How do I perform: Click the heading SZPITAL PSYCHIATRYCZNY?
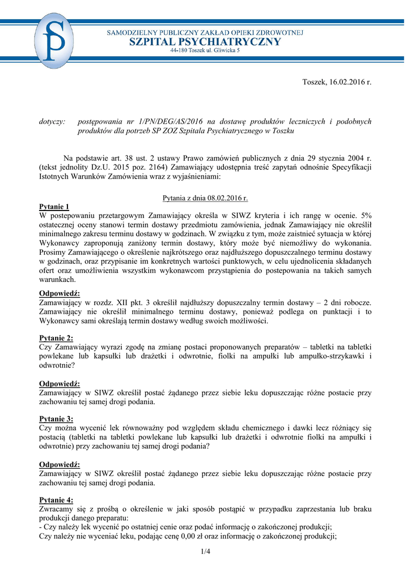pyautogui.click(x=205, y=42)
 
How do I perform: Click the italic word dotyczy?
pyautogui.click(x=52, y=121)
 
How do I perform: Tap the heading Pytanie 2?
pyautogui.click(x=56, y=338)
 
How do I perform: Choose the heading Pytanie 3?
pyautogui.click(x=56, y=419)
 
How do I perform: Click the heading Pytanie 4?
pyautogui.click(x=56, y=500)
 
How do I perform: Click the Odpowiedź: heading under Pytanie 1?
pyautogui.click(x=60, y=293)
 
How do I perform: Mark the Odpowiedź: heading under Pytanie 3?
pyautogui.click(x=60, y=464)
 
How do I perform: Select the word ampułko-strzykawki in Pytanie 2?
pyautogui.click(x=329, y=356)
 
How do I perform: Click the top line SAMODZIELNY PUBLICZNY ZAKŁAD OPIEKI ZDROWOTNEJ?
pyautogui.click(x=205, y=32)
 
